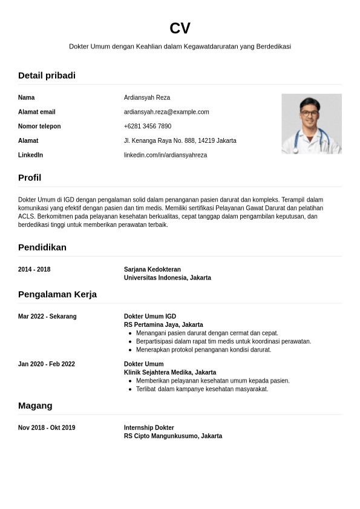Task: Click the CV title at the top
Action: [180, 28]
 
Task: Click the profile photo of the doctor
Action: [311, 123]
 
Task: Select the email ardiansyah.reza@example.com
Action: [166, 112]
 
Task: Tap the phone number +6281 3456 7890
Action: [148, 126]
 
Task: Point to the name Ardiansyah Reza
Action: [147, 97]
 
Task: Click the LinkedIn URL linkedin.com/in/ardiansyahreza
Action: [165, 156]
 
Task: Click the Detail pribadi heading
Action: [47, 76]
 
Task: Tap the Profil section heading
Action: [30, 178]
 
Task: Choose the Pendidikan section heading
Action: [42, 248]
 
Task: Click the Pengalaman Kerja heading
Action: [57, 295]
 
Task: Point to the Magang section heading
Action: [35, 406]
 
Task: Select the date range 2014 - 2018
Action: [34, 269]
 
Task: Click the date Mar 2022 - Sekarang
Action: [47, 317]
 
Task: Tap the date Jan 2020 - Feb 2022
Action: [47, 364]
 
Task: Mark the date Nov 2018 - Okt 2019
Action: [47, 428]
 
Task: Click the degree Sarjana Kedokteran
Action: [152, 269]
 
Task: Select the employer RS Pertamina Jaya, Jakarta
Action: [163, 325]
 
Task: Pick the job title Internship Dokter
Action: [149, 428]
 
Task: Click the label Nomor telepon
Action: [39, 126]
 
